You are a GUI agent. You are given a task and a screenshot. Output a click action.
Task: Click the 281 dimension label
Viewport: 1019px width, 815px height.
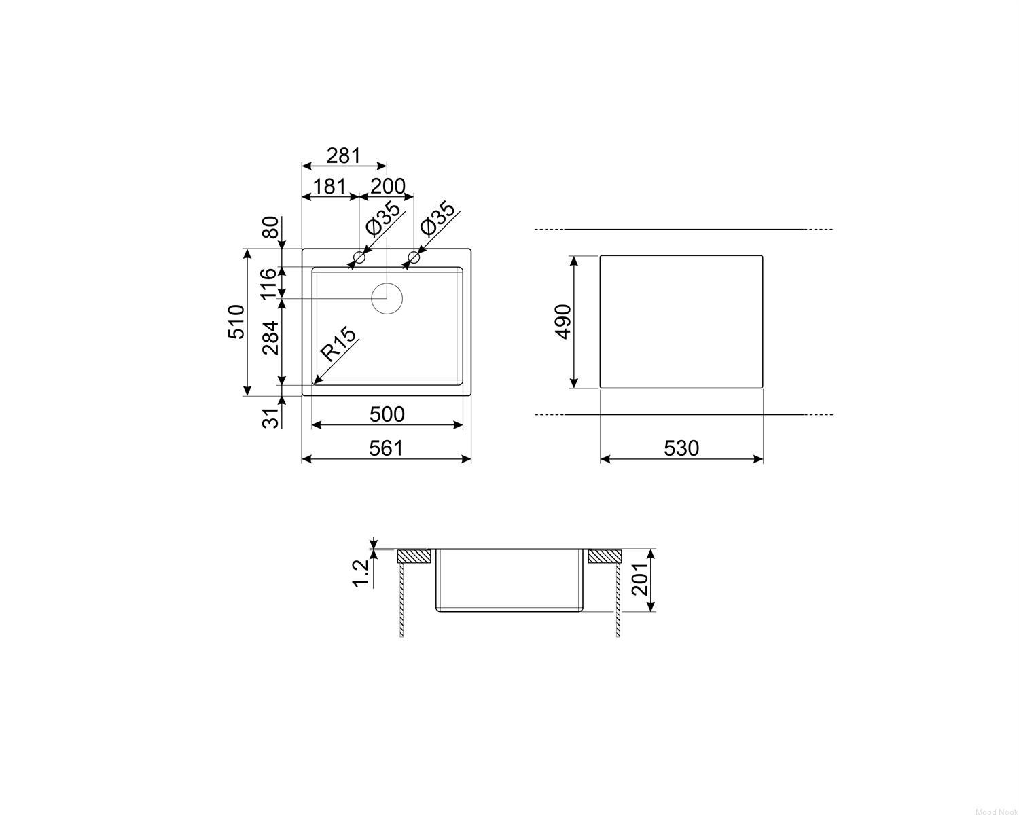coord(344,156)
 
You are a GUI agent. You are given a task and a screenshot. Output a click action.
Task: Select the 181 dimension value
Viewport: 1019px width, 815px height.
coord(329,187)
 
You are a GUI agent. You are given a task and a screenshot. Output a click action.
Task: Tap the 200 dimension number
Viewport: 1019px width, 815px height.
coord(388,187)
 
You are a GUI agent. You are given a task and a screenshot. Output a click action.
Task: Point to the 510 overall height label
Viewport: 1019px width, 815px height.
coord(236,321)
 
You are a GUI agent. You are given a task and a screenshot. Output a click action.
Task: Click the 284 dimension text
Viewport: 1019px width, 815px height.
coord(270,338)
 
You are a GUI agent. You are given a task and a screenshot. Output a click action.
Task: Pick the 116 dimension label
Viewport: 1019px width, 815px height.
coord(268,283)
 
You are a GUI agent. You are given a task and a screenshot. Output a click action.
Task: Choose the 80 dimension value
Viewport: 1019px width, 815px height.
coord(270,228)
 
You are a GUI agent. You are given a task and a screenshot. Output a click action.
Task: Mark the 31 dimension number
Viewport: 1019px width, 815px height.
coord(270,418)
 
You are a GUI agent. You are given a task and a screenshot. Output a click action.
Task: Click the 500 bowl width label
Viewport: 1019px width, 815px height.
coord(387,414)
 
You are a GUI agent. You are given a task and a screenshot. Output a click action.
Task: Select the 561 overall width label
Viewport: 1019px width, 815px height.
coord(386,448)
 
